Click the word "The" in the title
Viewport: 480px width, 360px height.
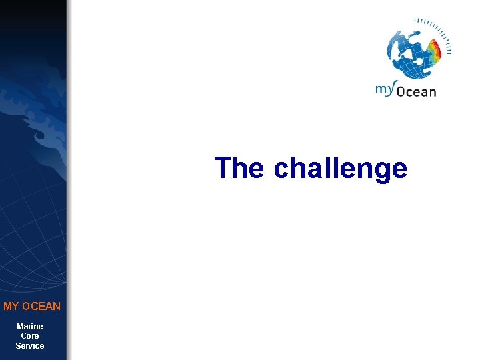[x=239, y=167]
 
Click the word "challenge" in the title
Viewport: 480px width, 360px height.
[x=340, y=169]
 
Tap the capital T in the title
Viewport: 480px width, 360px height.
[x=223, y=167]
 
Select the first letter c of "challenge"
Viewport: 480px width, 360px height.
[x=281, y=169]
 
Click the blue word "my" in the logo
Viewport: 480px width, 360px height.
[x=385, y=89]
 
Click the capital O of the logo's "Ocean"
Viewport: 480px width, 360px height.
[x=402, y=91]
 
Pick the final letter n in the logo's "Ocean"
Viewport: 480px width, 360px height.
[x=432, y=92]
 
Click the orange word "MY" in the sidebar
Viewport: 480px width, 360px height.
[x=11, y=307]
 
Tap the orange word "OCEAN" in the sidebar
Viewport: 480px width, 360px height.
[x=41, y=307]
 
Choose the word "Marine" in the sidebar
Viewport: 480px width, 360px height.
[x=30, y=327]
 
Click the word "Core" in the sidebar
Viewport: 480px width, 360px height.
[x=30, y=336]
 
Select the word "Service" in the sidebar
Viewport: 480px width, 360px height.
[x=30, y=346]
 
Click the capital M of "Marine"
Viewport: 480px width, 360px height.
[x=20, y=327]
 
